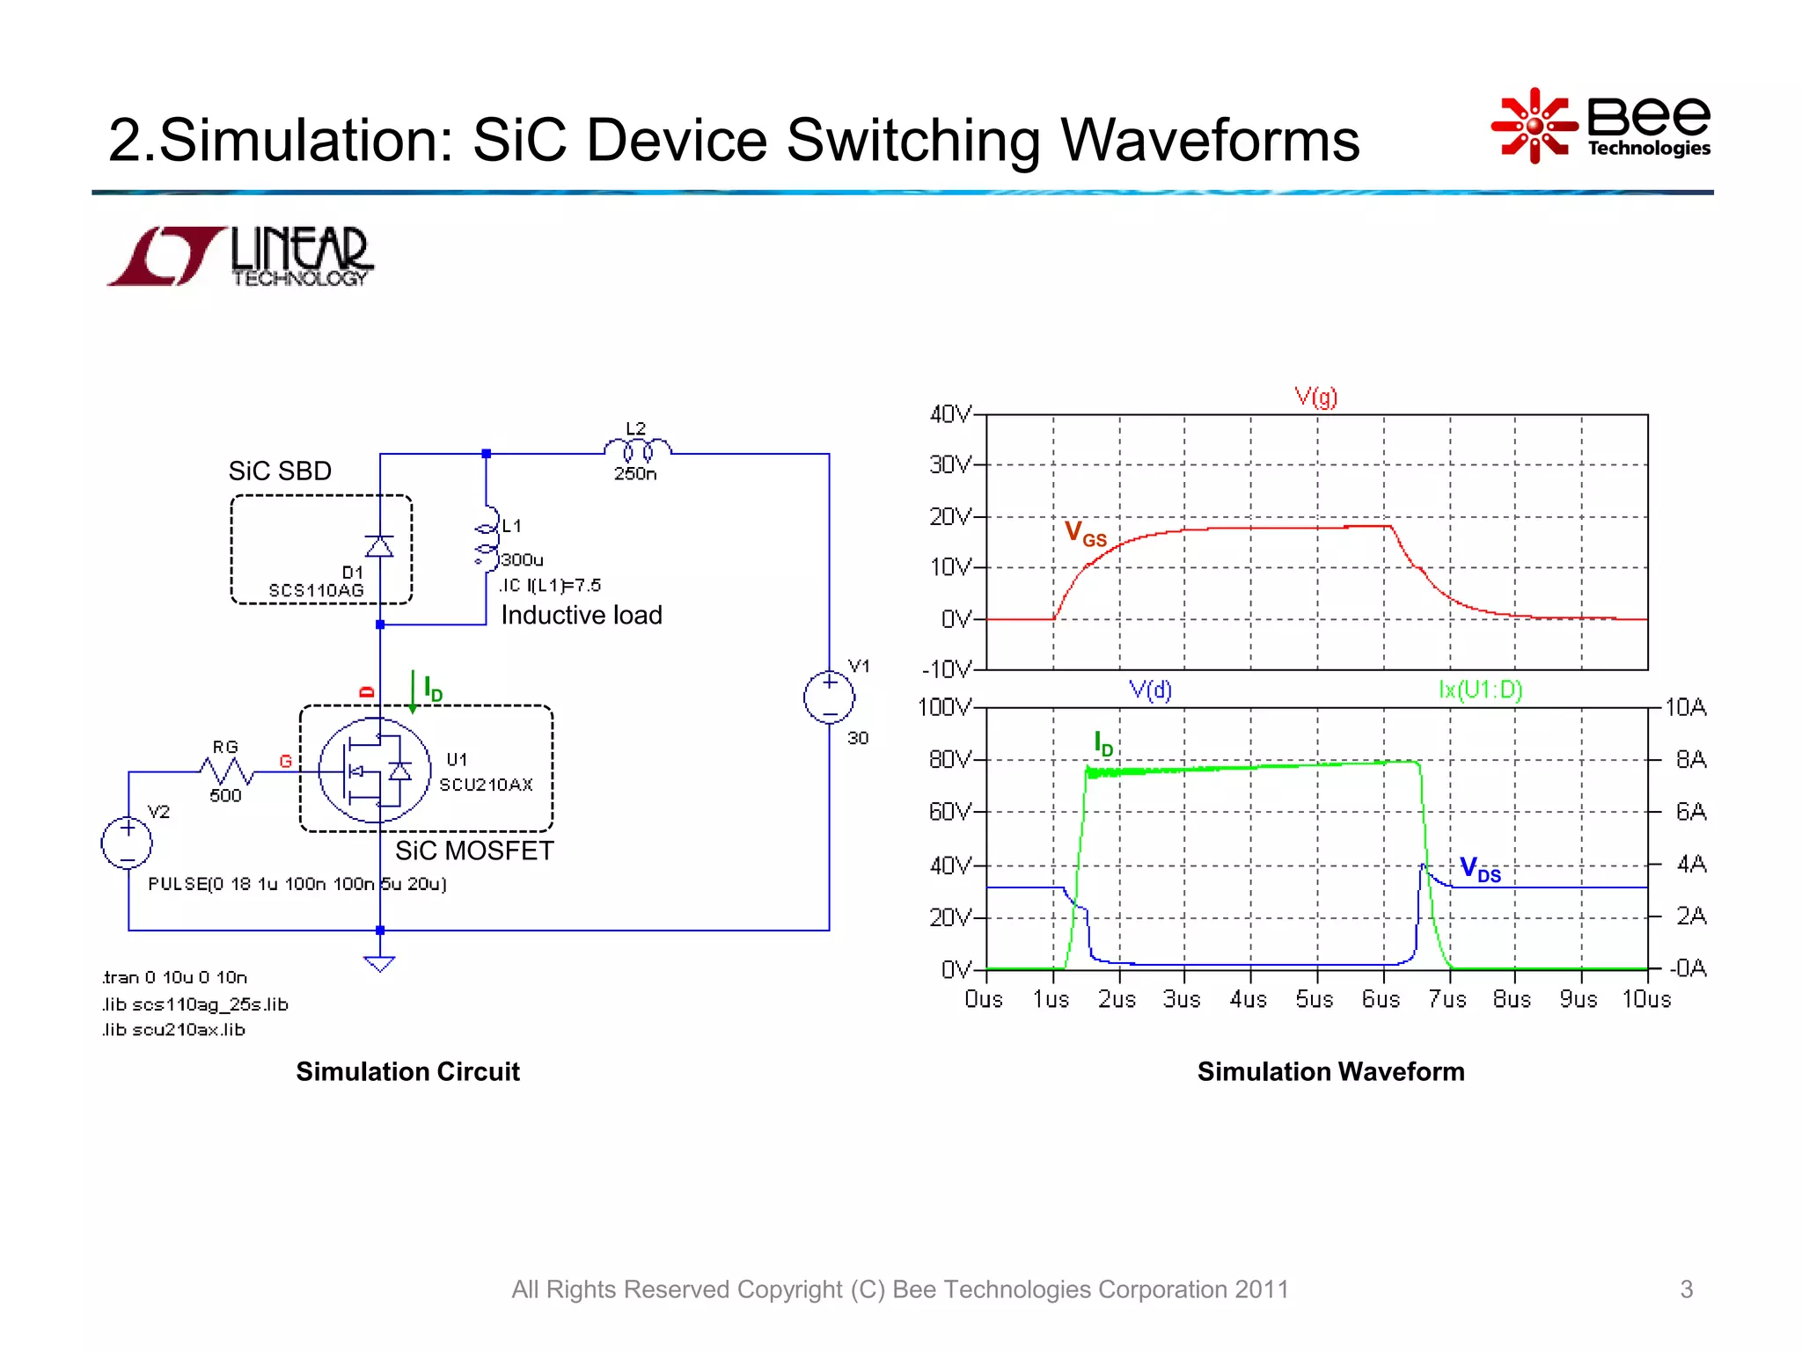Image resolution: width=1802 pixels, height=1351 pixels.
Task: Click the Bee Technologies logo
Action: coord(1601,126)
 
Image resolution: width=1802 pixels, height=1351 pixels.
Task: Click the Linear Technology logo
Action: coord(240,257)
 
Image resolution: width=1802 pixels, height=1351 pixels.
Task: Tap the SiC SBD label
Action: coord(280,471)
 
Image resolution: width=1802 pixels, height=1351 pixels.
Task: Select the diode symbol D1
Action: coord(379,546)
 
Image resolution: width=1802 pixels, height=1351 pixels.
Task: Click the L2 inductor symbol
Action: coord(637,450)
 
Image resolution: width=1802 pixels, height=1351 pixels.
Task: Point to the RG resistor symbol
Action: coord(227,772)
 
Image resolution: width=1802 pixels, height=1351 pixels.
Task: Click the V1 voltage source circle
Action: coord(829,698)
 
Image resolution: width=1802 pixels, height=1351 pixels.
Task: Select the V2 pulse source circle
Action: coord(128,843)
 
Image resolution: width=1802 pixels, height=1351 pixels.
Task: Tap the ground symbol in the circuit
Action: coord(379,964)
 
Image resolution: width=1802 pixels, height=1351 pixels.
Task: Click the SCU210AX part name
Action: coord(486,785)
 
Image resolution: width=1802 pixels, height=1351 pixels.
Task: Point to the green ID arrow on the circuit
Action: coord(413,691)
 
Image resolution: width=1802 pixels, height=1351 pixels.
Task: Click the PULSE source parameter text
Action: coord(297,884)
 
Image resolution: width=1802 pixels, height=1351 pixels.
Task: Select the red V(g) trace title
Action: coord(1315,398)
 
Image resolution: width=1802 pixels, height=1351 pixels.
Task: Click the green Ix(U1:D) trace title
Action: coord(1480,690)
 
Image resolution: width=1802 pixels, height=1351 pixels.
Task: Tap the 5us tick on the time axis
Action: coord(1315,999)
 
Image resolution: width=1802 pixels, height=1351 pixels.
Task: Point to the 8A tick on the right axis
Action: coord(1690,759)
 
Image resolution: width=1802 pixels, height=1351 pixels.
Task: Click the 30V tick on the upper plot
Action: coord(949,464)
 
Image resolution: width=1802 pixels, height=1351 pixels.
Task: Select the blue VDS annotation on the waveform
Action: coord(1480,869)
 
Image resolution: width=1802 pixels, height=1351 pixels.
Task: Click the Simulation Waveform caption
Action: coord(1330,1071)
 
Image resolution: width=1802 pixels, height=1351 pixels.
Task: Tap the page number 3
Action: coord(1686,1289)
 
